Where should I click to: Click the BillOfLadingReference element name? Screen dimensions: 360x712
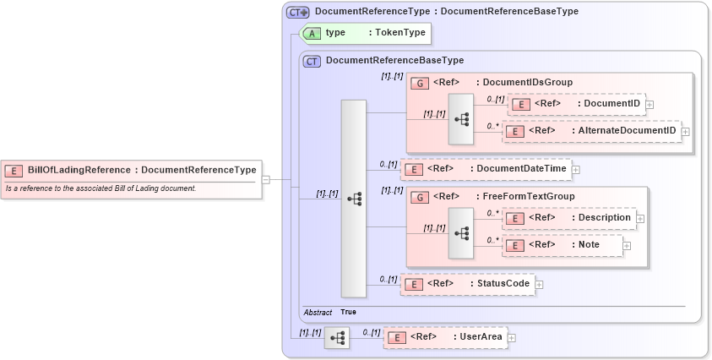(79, 169)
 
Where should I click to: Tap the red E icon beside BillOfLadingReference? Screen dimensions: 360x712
(14, 170)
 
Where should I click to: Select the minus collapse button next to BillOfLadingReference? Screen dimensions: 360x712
(266, 179)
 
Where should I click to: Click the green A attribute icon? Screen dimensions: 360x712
(312, 33)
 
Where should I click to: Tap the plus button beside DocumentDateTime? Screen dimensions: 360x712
(575, 169)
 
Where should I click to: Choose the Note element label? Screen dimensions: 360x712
(589, 244)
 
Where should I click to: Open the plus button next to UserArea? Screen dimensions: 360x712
(511, 337)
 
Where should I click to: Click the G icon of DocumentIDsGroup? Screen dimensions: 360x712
(419, 83)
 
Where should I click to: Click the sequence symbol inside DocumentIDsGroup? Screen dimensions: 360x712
(461, 119)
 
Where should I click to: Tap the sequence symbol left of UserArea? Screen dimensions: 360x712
(338, 337)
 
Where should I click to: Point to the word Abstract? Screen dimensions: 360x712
(318, 312)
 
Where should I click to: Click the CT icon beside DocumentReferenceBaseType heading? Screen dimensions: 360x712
(312, 61)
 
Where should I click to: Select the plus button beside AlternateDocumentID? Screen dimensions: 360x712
(685, 131)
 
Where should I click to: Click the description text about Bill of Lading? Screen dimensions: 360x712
(101, 188)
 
